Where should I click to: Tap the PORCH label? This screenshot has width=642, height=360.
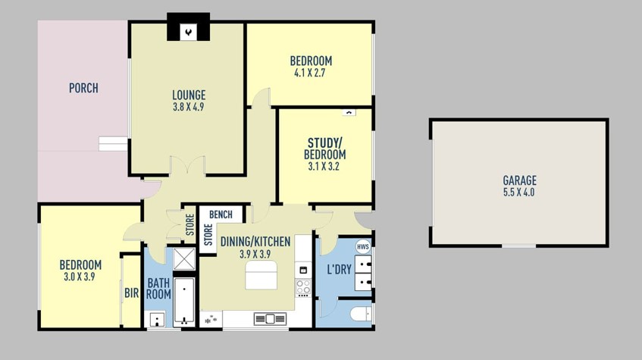(x=83, y=88)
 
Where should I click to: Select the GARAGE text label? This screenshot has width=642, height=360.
(x=519, y=180)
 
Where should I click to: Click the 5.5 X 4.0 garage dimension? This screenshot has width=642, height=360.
(x=519, y=193)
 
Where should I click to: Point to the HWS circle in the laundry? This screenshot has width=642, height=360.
(x=363, y=247)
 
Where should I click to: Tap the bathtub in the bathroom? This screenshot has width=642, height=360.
(x=183, y=301)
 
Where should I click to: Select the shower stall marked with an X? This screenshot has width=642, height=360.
(x=183, y=259)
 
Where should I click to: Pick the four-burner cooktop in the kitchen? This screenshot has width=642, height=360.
(x=303, y=287)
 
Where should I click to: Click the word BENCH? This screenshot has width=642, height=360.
(x=221, y=214)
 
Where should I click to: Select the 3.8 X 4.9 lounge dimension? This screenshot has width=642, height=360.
(x=188, y=107)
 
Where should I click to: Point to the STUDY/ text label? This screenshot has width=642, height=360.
(x=325, y=142)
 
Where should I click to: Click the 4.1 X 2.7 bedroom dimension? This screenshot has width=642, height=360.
(x=311, y=73)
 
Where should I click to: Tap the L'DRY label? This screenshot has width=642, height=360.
(x=338, y=270)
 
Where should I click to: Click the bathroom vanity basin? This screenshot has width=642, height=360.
(x=158, y=318)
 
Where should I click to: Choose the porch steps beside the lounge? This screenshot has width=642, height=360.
(x=113, y=143)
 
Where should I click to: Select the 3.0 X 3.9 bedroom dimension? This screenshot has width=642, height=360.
(x=80, y=277)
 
